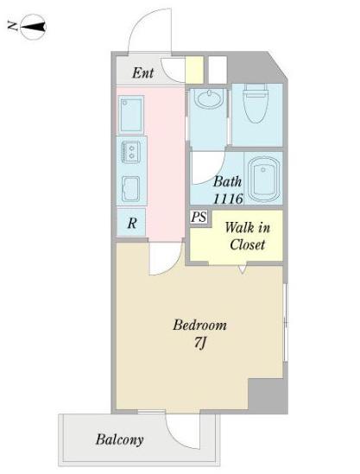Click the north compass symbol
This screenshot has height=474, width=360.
(34, 28)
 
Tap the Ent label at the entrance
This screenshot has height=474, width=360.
(142, 73)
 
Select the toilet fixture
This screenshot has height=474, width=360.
(257, 103)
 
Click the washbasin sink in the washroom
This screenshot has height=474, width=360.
(209, 98)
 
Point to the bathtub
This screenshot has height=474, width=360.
(263, 179)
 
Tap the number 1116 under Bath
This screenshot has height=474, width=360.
(228, 199)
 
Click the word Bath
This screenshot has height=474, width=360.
(228, 181)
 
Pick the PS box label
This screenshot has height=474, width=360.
(199, 217)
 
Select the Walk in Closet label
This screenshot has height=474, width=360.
(247, 236)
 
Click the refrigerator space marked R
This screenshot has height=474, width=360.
(131, 223)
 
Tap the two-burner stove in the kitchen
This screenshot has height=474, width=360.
(131, 152)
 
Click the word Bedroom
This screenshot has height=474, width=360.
(199, 325)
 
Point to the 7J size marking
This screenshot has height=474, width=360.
(200, 343)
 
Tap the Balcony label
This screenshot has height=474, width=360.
(119, 439)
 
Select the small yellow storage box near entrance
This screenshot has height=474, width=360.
(193, 70)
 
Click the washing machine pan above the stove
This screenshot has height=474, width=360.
(131, 115)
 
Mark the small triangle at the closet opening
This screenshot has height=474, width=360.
(243, 269)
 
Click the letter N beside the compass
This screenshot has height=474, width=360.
(12, 27)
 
